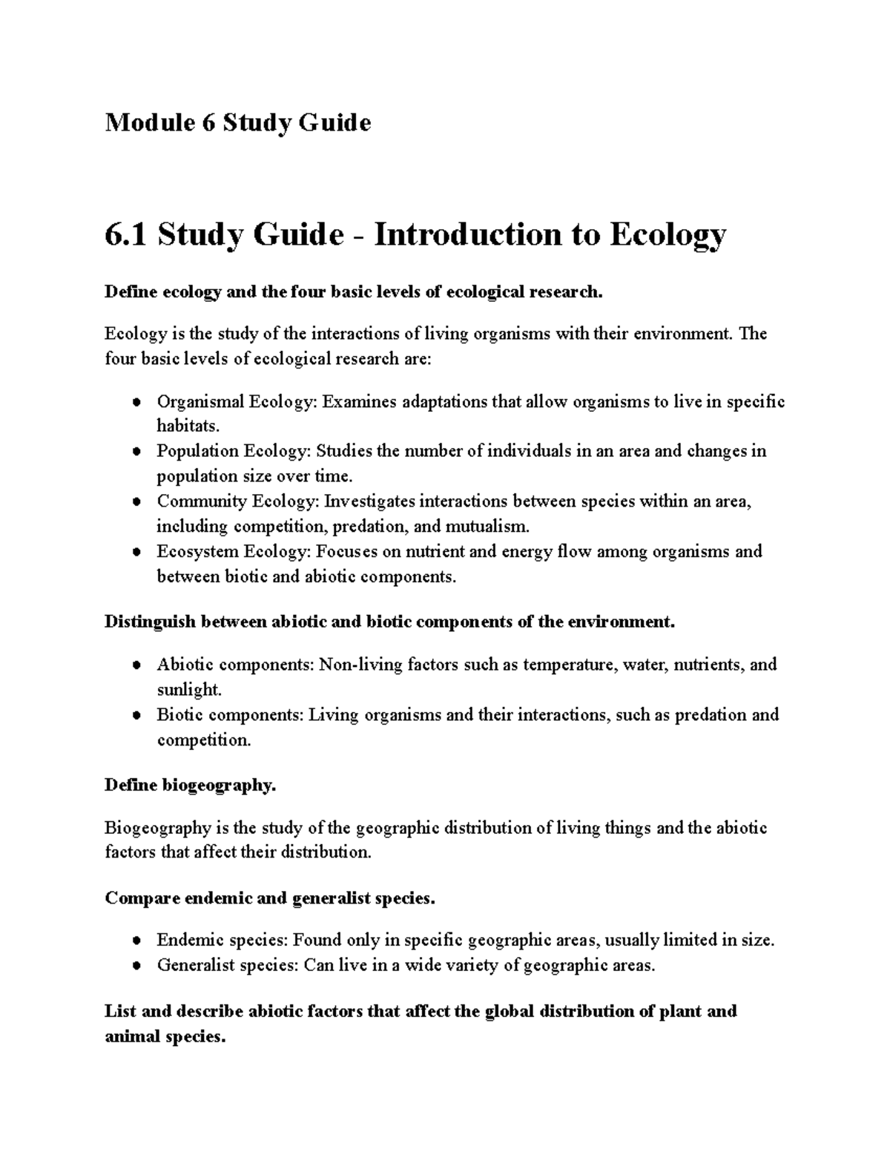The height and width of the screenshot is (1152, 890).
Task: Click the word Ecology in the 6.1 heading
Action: pyautogui.click(x=667, y=235)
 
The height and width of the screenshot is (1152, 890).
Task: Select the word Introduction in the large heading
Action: pyautogui.click(x=467, y=235)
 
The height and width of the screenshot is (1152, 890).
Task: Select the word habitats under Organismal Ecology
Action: pyautogui.click(x=188, y=427)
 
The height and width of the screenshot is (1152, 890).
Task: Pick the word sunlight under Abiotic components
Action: pyautogui.click(x=188, y=690)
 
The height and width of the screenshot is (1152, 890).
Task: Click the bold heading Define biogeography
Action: pyautogui.click(x=191, y=785)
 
